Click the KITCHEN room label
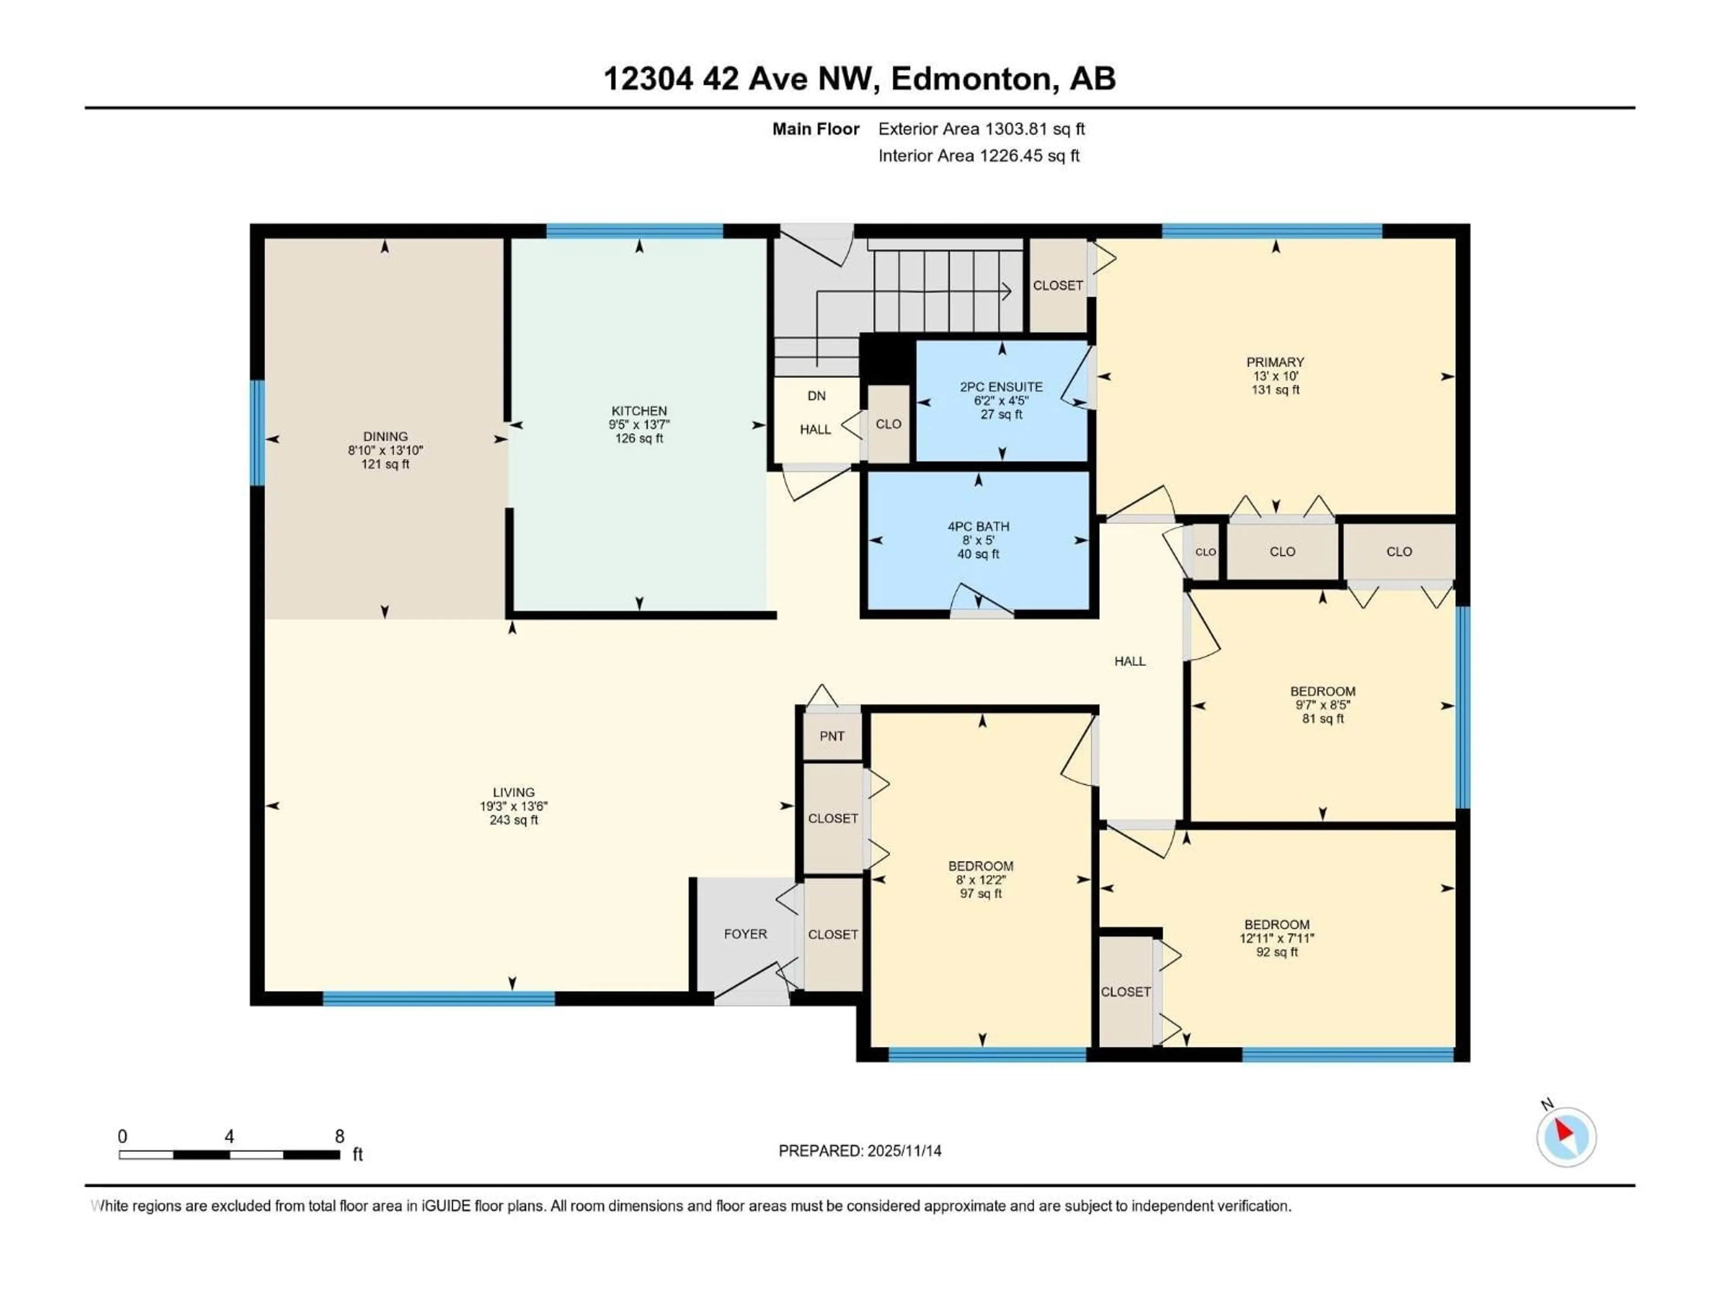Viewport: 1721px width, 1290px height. click(x=639, y=411)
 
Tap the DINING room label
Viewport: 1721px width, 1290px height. click(x=385, y=436)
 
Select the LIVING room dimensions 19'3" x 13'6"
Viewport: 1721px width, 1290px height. click(x=514, y=806)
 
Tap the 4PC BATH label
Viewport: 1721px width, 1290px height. click(x=978, y=526)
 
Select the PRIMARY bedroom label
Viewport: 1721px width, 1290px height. click(x=1275, y=361)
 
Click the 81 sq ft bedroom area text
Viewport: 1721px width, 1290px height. click(x=1323, y=718)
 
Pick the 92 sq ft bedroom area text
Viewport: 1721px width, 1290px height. click(x=1277, y=952)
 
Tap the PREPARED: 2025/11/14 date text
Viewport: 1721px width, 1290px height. click(x=860, y=1151)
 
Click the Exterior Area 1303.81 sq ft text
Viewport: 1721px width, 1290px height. click(x=981, y=129)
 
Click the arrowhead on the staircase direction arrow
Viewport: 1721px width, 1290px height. click(x=1008, y=292)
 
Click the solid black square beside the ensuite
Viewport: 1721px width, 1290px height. click(x=886, y=358)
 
